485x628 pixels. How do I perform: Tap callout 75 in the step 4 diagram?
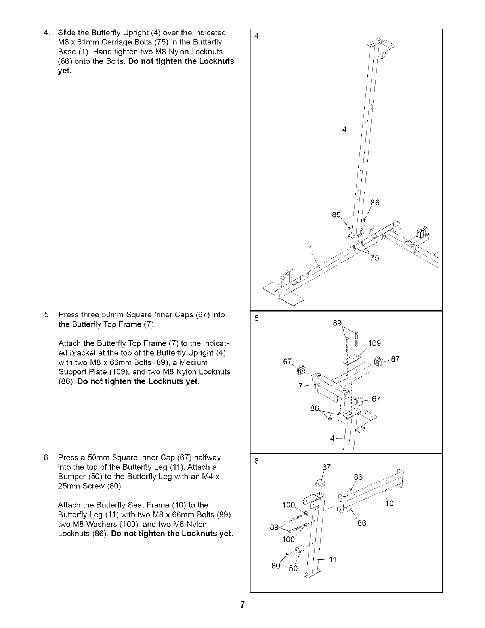point(374,258)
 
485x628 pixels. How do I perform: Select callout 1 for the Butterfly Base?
point(311,249)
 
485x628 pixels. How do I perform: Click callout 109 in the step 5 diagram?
point(374,343)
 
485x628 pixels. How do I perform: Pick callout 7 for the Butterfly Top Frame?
point(301,386)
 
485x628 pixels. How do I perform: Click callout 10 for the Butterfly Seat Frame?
point(390,504)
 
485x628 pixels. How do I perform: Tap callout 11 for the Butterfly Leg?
point(332,559)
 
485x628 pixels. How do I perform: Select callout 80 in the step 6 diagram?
point(276,566)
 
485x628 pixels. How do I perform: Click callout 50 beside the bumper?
point(293,569)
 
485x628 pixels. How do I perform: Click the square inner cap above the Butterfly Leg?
point(320,483)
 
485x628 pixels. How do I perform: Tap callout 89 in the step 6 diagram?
point(274,527)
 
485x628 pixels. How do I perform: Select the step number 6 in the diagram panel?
point(256,461)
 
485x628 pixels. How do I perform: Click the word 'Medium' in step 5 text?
point(195,362)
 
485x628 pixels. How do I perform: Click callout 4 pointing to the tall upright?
point(345,130)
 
